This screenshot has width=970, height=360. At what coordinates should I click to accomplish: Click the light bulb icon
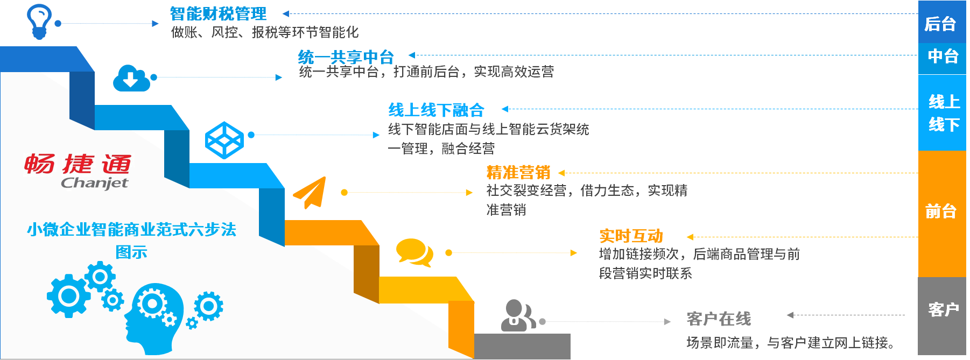click(39, 22)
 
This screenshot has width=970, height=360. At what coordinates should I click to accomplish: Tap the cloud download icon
click(131, 78)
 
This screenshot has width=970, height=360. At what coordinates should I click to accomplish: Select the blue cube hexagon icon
click(224, 140)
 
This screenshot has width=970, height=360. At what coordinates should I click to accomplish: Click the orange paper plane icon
click(311, 192)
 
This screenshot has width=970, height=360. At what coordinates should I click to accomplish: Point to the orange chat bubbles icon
click(414, 252)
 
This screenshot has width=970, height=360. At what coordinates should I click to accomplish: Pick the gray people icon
click(517, 315)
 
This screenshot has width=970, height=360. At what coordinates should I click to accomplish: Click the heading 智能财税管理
click(218, 13)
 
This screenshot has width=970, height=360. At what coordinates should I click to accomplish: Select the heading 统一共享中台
click(346, 57)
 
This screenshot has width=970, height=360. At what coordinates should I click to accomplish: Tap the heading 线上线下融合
click(437, 110)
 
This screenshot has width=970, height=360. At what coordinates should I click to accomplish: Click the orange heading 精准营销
click(518, 172)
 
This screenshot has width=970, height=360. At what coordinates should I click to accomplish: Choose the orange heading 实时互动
click(631, 236)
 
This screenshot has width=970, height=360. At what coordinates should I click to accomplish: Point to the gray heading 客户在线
click(719, 319)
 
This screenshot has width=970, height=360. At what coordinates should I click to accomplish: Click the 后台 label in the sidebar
click(940, 24)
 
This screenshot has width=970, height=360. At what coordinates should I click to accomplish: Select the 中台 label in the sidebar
click(943, 56)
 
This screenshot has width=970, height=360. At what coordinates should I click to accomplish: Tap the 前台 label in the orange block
click(940, 211)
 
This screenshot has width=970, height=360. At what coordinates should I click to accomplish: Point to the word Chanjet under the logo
click(95, 183)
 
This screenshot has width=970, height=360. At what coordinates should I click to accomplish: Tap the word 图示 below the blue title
click(131, 252)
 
